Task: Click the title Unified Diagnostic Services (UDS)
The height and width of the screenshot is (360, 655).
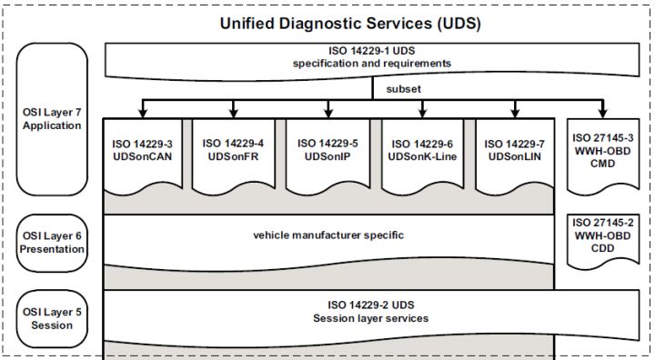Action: point(350,23)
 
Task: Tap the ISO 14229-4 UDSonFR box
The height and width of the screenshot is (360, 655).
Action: point(234,150)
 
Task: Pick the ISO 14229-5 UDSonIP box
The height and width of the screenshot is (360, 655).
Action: point(328,150)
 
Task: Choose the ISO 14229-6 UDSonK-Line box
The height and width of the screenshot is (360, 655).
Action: point(423,150)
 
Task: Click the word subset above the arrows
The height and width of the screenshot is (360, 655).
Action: point(403,90)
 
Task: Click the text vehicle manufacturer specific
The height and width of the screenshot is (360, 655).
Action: point(328,235)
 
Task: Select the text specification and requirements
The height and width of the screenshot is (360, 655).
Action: point(373,64)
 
